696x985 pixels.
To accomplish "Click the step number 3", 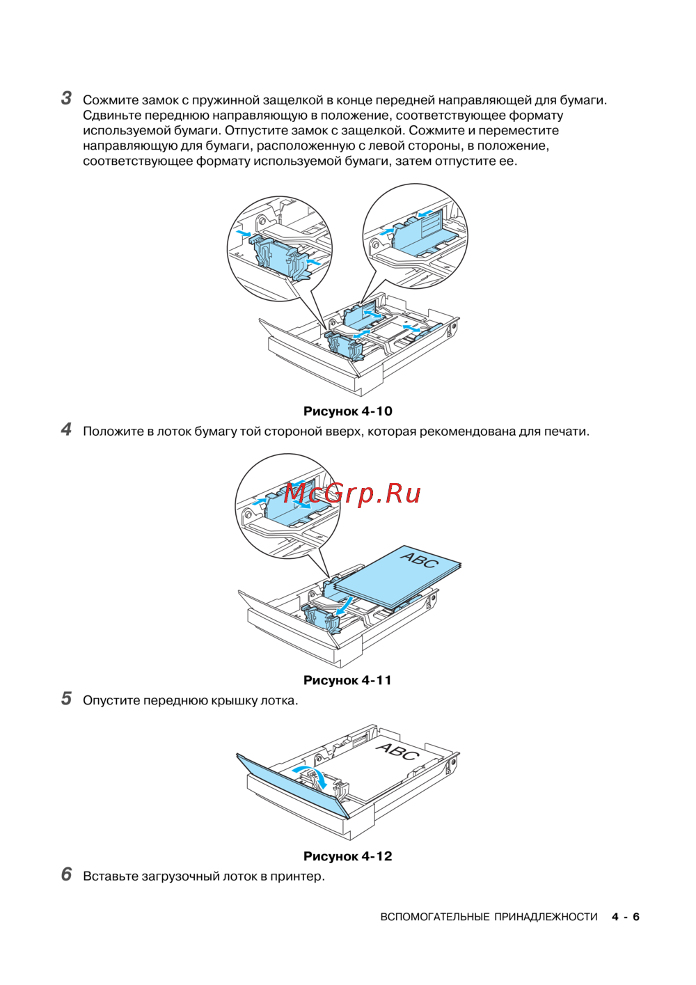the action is pos(66,99).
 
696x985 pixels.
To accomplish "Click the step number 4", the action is pos(66,430).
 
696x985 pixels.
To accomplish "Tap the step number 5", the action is pos(66,699).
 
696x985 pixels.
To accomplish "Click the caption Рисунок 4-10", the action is pos(348,411).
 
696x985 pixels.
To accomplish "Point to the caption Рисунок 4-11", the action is pos(347,680).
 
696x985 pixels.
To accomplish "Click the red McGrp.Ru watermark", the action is pos(352,494).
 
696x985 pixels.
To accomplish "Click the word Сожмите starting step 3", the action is pos(111,100).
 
